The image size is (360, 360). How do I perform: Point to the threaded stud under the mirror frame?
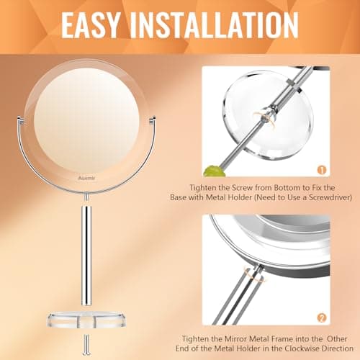[86, 196]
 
